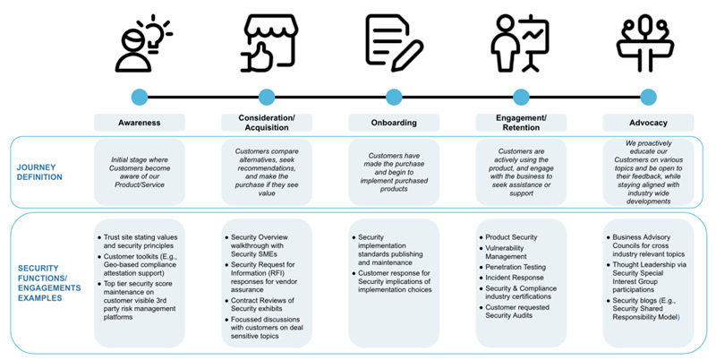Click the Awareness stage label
pyautogui.click(x=139, y=122)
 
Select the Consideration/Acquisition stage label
pyautogui.click(x=266, y=122)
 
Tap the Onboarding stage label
pyautogui.click(x=394, y=122)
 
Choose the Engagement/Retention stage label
pyautogui.click(x=521, y=122)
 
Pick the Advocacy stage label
pyautogui.click(x=649, y=122)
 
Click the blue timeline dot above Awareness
pyautogui.click(x=139, y=97)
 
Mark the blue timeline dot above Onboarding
pyautogui.click(x=394, y=97)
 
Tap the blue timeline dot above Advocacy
pyautogui.click(x=649, y=97)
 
